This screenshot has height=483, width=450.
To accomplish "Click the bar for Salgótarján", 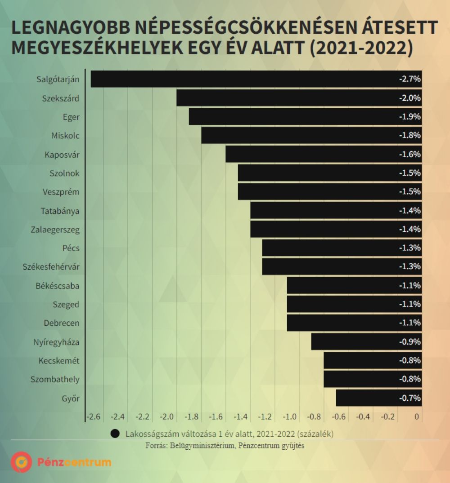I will coord(256,79).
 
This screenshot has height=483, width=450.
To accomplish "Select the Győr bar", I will coord(378,398).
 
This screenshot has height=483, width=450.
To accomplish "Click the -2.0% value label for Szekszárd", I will coord(409,98).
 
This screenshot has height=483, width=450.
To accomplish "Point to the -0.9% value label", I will coord(409,342).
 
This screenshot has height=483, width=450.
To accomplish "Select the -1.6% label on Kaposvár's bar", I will coord(409,154).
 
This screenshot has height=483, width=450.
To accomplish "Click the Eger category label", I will coord(71,117).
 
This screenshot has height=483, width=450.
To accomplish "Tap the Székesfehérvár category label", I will coord(51,267).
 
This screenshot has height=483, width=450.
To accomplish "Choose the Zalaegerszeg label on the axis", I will coord(55,230).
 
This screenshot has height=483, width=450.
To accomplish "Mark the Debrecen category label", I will coord(62,323).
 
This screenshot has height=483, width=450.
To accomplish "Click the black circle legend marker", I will coord(115,434).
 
